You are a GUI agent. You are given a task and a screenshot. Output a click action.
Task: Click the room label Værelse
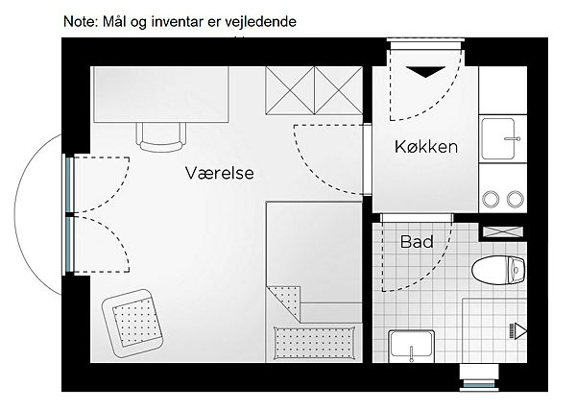pyautogui.click(x=219, y=173)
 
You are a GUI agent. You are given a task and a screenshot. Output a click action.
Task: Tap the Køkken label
pyautogui.click(x=426, y=147)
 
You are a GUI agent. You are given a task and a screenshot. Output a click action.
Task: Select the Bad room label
pyautogui.click(x=417, y=242)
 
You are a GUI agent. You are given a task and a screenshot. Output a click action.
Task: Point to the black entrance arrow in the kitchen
pyautogui.click(x=425, y=72)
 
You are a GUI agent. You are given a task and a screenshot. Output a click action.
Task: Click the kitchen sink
pyautogui.click(x=498, y=138)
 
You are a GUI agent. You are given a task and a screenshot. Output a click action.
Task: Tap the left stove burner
pyautogui.click(x=491, y=199)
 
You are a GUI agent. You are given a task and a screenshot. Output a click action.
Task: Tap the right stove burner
pyautogui.click(x=515, y=199)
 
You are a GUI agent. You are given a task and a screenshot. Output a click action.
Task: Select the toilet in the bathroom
pyautogui.click(x=498, y=270)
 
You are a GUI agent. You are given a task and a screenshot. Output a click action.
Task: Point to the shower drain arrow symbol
pyautogui.click(x=518, y=331)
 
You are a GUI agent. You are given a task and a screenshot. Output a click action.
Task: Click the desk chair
pyautogui.click(x=161, y=137)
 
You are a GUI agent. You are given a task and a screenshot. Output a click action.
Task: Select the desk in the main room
pyautogui.click(x=161, y=94)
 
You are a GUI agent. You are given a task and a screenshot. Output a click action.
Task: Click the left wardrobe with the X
pyautogui.click(x=290, y=90)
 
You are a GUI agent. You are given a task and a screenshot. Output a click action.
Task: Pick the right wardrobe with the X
pyautogui.click(x=338, y=90)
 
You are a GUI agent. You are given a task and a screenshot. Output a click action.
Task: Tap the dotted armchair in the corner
pyautogui.click(x=132, y=324)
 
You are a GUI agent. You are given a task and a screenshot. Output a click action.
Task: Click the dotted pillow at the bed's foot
pyautogui.click(x=315, y=343)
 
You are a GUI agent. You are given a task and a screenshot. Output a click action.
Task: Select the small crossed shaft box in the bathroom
pyautogui.click(x=502, y=231)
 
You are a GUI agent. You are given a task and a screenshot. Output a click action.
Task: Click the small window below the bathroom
pyautogui.click(x=479, y=385)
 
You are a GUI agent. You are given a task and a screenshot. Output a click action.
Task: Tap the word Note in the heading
pyautogui.click(x=79, y=22)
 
